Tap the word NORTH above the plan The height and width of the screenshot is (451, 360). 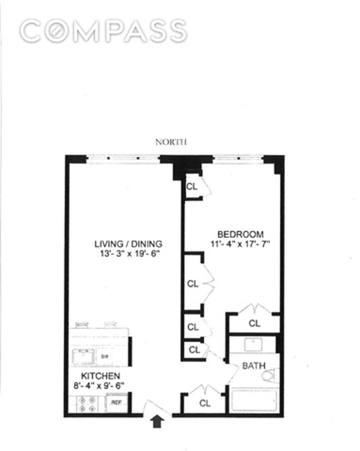coord(171,142)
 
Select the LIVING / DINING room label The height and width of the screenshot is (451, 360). coord(128,244)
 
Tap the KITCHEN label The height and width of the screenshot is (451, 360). coord(100,375)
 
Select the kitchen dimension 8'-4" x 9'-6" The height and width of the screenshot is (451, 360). coord(100,385)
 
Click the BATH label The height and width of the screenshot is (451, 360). coord(254,365)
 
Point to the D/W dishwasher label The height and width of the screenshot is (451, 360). coord(104,356)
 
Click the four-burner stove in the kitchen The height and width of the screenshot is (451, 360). coord(86,404)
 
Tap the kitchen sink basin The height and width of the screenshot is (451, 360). coord(85,356)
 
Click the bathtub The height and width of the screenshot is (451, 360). coord(254,401)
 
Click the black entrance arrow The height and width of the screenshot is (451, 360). coord(157,422)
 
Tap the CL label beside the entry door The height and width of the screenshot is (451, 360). coord(205,403)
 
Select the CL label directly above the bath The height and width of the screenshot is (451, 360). coord(255,323)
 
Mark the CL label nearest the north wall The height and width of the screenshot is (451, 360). coord(192,186)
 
